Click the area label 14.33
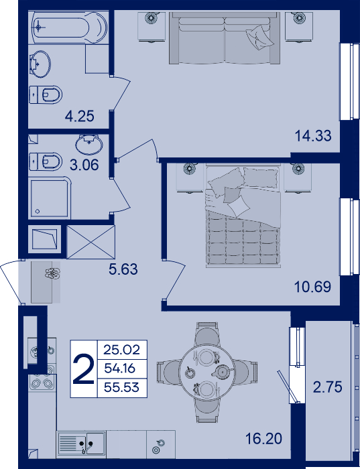pos(313,136)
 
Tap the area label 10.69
pos(312,287)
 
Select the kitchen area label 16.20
pos(263,439)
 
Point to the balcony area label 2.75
pos(327,387)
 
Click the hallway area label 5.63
pos(123,269)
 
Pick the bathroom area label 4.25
pos(80,116)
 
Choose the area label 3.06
pos(84,165)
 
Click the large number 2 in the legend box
pos(84,368)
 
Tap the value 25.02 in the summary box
pos(122,350)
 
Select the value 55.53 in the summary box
pos(121,388)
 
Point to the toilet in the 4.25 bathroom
pos(46,95)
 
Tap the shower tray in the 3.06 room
pos(50,198)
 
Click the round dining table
pos(206,372)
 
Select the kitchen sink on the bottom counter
pos(81,444)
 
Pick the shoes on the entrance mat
pos(53,273)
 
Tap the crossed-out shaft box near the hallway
pos(91,242)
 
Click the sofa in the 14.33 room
pos(225,38)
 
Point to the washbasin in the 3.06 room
pos(89,144)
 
